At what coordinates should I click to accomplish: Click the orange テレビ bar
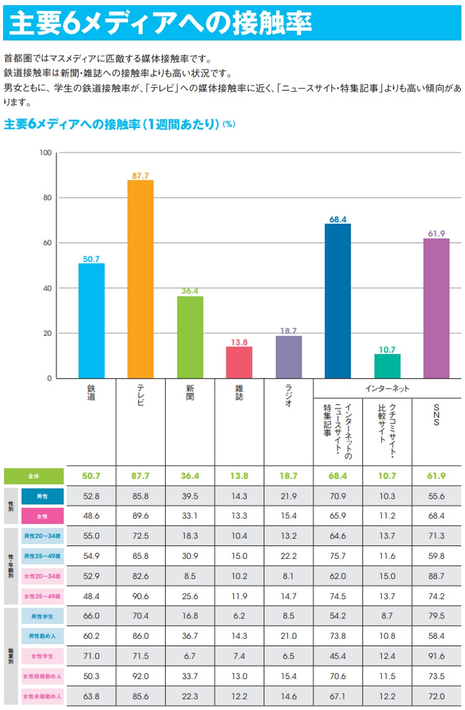(x=140, y=279)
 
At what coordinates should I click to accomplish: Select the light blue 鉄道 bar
(x=91, y=321)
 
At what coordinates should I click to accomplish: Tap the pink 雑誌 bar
(x=239, y=362)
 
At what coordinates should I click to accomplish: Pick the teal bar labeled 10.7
(x=387, y=366)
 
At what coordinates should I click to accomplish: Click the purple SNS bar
(x=436, y=308)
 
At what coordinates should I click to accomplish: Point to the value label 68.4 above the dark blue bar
(x=337, y=219)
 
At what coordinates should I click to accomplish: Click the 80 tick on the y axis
(x=47, y=198)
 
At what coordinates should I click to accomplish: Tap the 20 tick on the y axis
(x=47, y=333)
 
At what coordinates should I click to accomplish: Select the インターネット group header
(x=387, y=388)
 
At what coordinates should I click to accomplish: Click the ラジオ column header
(x=288, y=395)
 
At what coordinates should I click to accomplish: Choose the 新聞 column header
(x=190, y=393)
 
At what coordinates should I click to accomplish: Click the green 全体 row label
(x=34, y=476)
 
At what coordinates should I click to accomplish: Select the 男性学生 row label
(x=43, y=616)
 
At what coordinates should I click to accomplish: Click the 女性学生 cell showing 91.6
(x=436, y=656)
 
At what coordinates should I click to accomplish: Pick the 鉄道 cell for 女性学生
(x=91, y=656)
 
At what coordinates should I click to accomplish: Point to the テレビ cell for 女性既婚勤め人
(x=140, y=676)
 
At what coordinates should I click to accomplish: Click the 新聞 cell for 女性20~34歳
(x=190, y=576)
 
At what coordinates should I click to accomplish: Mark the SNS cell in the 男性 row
(x=436, y=496)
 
